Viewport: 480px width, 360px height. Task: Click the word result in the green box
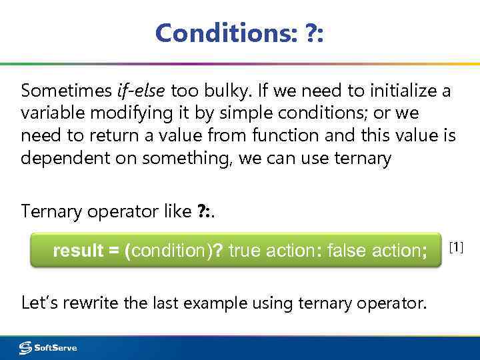pyautogui.click(x=77, y=251)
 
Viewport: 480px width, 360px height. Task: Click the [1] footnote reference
pyautogui.click(x=456, y=248)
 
